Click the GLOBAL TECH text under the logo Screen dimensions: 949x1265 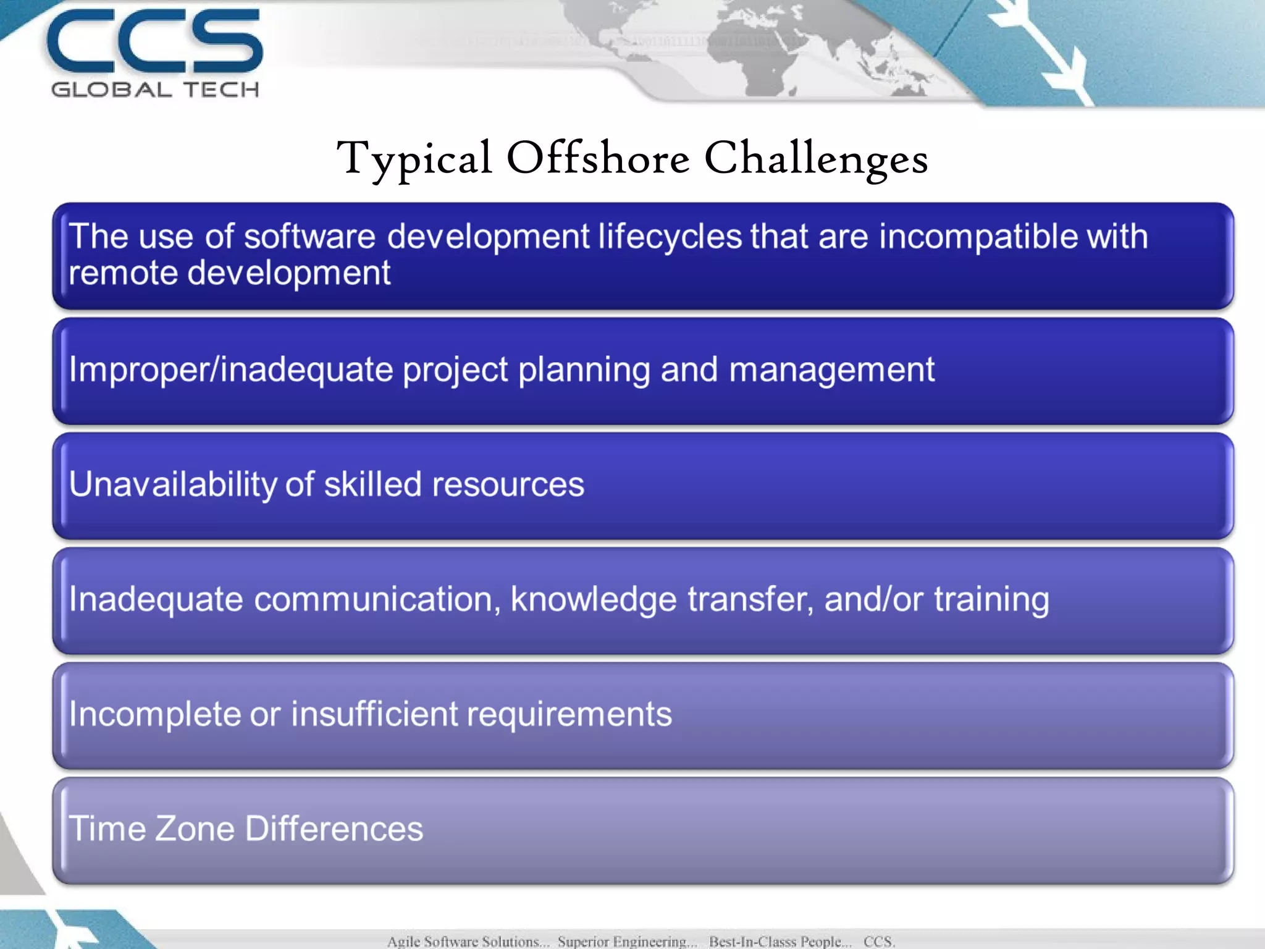[154, 90]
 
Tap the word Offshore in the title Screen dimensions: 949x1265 [598, 158]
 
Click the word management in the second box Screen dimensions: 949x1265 [831, 370]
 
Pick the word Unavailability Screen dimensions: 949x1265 [173, 484]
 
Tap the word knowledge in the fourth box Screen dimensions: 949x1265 [593, 600]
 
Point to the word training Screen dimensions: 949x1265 [991, 600]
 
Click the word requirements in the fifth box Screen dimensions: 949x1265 [569, 715]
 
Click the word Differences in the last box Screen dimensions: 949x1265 [334, 829]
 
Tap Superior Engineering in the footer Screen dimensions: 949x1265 [626, 941]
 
